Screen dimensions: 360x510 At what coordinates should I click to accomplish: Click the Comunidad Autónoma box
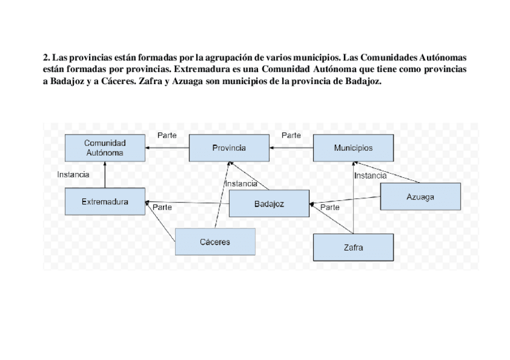tap(105, 148)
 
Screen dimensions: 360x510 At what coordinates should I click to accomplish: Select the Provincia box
tap(229, 148)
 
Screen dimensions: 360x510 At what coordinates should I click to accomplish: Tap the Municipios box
tap(353, 148)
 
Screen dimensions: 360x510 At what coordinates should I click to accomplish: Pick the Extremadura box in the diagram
tap(105, 202)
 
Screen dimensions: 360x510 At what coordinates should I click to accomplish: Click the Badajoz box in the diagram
tap(269, 204)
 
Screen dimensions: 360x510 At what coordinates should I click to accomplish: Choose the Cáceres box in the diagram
tap(215, 242)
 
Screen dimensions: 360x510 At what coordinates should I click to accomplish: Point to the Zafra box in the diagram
tap(353, 247)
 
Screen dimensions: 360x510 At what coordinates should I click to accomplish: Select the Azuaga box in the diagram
tap(420, 197)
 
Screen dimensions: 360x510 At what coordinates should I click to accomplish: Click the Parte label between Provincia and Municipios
tap(291, 135)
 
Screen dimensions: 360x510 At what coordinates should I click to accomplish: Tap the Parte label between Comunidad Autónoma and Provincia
tap(167, 135)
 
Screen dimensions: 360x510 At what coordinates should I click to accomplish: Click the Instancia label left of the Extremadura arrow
tap(73, 174)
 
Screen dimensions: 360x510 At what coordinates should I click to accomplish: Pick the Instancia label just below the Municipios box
tap(370, 175)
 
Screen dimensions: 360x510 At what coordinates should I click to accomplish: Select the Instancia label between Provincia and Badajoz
tap(241, 183)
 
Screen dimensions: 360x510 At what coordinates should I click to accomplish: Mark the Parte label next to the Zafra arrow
tap(330, 207)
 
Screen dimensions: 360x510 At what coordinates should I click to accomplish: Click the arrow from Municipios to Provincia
tap(291, 148)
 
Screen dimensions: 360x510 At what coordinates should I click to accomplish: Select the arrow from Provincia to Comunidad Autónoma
tap(167, 148)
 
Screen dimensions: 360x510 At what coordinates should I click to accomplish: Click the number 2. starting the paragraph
tap(46, 58)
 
